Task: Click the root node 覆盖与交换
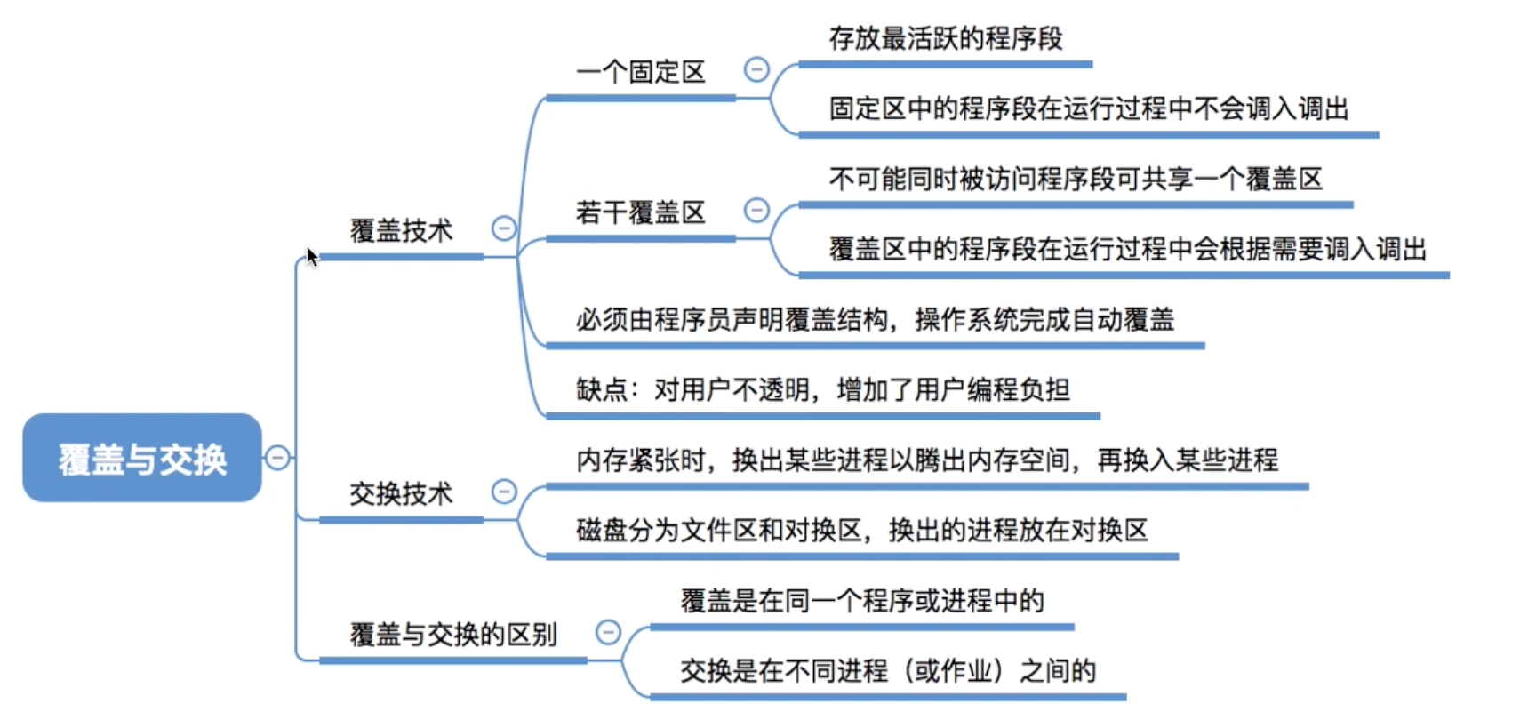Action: pos(142,458)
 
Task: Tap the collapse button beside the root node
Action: pos(277,458)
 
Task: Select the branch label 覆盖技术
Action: pos(401,231)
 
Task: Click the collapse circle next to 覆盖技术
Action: pos(504,228)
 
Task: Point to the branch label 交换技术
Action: pos(401,493)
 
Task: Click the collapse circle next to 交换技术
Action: pos(504,492)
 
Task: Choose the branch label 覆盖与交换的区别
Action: pos(453,635)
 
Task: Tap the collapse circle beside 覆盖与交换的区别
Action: pos(608,632)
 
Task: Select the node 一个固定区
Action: pos(641,72)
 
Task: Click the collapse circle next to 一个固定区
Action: pos(756,69)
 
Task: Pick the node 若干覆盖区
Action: pos(641,212)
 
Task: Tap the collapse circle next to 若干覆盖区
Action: pos(756,210)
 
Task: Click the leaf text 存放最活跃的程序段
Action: pos(946,38)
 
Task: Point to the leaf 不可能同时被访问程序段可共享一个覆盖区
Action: pos(1076,180)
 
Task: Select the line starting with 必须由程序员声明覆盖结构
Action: pos(875,319)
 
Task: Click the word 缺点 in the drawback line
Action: pos(601,389)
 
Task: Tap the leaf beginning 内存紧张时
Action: pos(927,460)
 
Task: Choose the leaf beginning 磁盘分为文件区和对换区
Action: pos(862,530)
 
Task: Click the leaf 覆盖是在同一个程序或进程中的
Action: pos(862,601)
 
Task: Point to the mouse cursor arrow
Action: pos(311,257)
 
